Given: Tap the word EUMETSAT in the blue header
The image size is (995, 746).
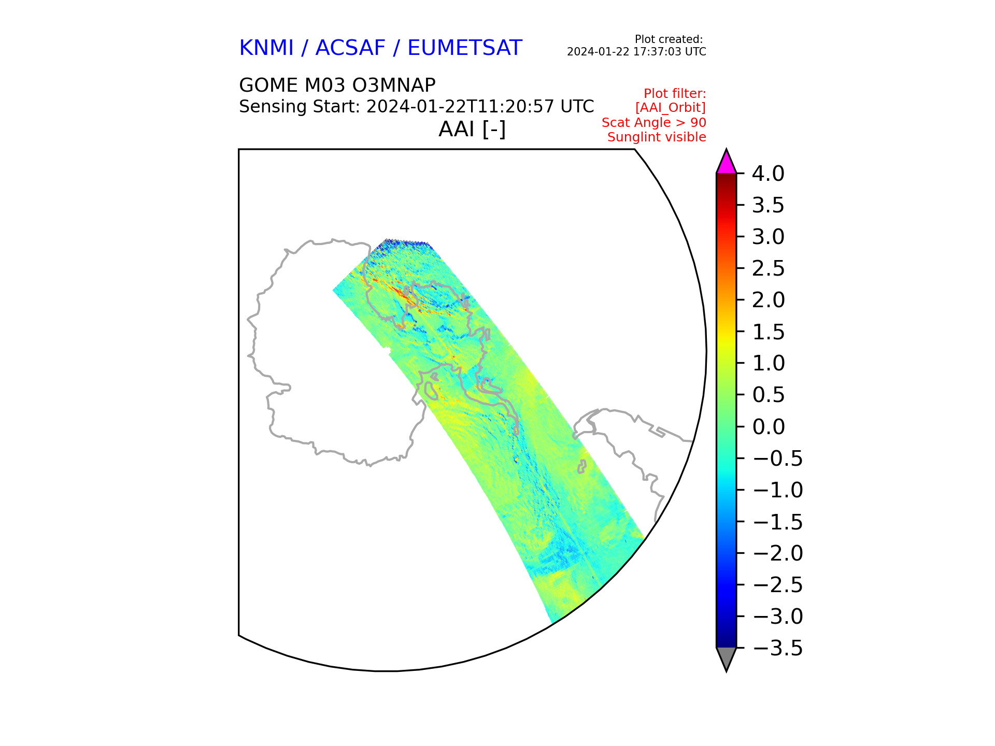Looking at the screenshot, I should (x=464, y=48).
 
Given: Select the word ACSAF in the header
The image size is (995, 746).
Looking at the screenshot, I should (x=350, y=48).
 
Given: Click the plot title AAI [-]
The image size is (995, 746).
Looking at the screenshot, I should (x=472, y=129).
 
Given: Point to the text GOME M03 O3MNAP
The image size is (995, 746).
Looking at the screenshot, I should (x=337, y=85).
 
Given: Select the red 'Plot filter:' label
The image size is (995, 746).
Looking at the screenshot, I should (x=675, y=94).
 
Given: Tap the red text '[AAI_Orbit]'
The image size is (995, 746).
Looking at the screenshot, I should (x=671, y=108).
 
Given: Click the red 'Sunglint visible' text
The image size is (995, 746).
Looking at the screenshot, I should (x=657, y=137).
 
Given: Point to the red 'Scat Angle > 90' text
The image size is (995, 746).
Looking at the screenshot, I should (x=653, y=123).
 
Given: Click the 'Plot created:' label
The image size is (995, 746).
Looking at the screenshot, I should (x=669, y=39).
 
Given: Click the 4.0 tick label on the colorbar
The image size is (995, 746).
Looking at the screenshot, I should (x=768, y=174).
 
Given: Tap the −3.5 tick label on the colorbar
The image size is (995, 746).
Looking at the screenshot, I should (x=777, y=648).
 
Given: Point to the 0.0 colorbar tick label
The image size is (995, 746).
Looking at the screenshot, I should (x=768, y=427).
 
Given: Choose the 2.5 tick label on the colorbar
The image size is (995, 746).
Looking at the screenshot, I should (x=768, y=269).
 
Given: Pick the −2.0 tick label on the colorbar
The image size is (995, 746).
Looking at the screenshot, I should (x=777, y=553).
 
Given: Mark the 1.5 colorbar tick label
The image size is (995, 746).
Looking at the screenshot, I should (x=768, y=332).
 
